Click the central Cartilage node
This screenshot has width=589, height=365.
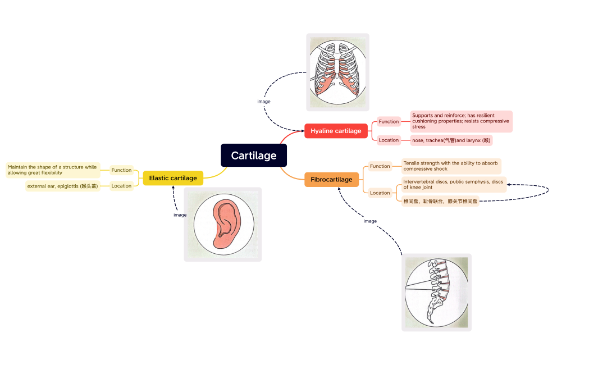(x=254, y=156)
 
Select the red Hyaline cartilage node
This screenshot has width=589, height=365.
(x=336, y=131)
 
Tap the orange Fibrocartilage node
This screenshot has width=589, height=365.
(x=331, y=180)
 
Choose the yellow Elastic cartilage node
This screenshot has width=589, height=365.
(x=173, y=178)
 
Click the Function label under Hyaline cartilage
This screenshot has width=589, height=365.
(x=389, y=122)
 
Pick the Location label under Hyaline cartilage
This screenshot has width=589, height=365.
(x=389, y=140)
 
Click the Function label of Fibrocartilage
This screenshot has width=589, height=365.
(x=380, y=166)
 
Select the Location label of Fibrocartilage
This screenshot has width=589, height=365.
(x=380, y=193)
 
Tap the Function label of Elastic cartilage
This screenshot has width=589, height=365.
(x=121, y=170)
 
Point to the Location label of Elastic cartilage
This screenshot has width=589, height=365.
(x=121, y=186)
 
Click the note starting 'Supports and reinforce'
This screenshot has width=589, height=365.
(x=461, y=121)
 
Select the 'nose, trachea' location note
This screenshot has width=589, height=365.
(x=451, y=140)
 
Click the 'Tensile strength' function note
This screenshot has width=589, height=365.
(x=451, y=166)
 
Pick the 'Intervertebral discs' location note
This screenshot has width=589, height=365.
(x=454, y=184)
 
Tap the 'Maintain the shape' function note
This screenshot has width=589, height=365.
(x=53, y=170)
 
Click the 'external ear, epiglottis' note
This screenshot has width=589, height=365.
(x=62, y=186)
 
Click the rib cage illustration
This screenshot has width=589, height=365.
(x=337, y=72)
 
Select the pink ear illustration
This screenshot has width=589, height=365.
(x=223, y=224)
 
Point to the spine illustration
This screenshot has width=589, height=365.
(x=436, y=292)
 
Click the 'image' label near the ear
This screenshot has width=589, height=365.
(x=180, y=215)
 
